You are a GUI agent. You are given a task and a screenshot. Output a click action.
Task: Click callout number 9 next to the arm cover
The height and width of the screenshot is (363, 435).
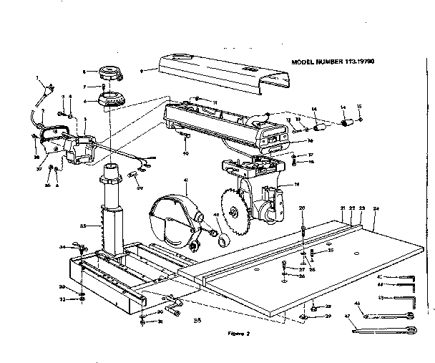(143, 70)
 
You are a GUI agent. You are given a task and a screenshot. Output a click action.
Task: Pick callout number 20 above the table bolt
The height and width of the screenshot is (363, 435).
(303, 208)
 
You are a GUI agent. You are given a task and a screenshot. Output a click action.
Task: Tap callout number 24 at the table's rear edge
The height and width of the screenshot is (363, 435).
(376, 208)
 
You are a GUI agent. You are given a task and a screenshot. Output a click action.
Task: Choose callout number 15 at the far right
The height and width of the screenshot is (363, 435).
(359, 107)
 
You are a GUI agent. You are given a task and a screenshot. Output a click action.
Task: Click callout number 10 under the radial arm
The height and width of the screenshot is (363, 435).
(185, 153)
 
